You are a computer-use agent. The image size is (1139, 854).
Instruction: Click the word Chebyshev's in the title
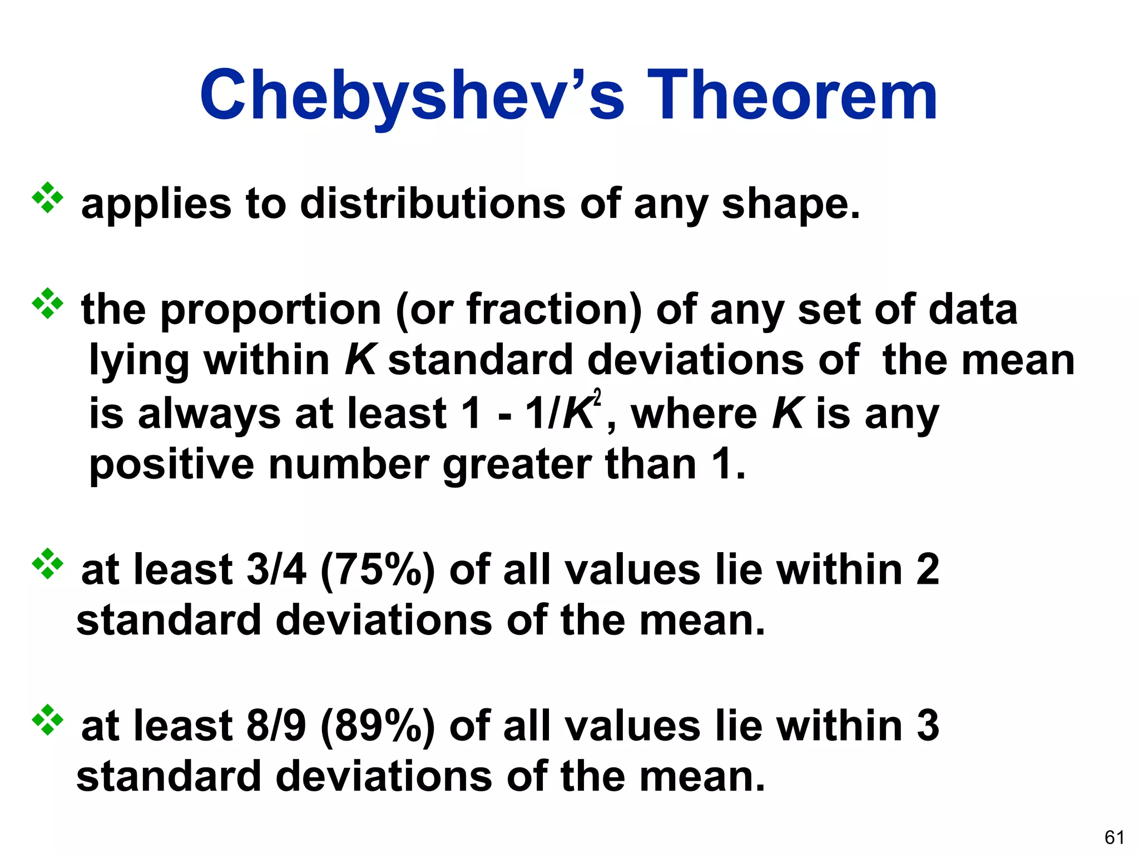(412, 96)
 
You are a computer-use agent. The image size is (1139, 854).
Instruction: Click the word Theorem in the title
(792, 96)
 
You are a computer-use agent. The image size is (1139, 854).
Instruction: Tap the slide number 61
(1115, 837)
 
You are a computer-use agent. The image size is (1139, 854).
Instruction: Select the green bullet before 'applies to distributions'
(48, 197)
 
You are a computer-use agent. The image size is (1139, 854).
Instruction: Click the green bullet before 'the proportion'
(48, 303)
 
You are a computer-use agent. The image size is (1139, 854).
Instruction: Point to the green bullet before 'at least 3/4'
(48, 564)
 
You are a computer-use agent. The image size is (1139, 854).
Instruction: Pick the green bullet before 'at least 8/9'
(48, 720)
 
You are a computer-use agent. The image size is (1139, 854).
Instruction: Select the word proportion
(270, 310)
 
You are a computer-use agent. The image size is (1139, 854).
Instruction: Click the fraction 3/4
(276, 570)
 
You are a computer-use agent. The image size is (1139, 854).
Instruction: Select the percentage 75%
(378, 571)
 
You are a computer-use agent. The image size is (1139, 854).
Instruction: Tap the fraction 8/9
(276, 726)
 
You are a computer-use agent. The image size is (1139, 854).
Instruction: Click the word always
(209, 415)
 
